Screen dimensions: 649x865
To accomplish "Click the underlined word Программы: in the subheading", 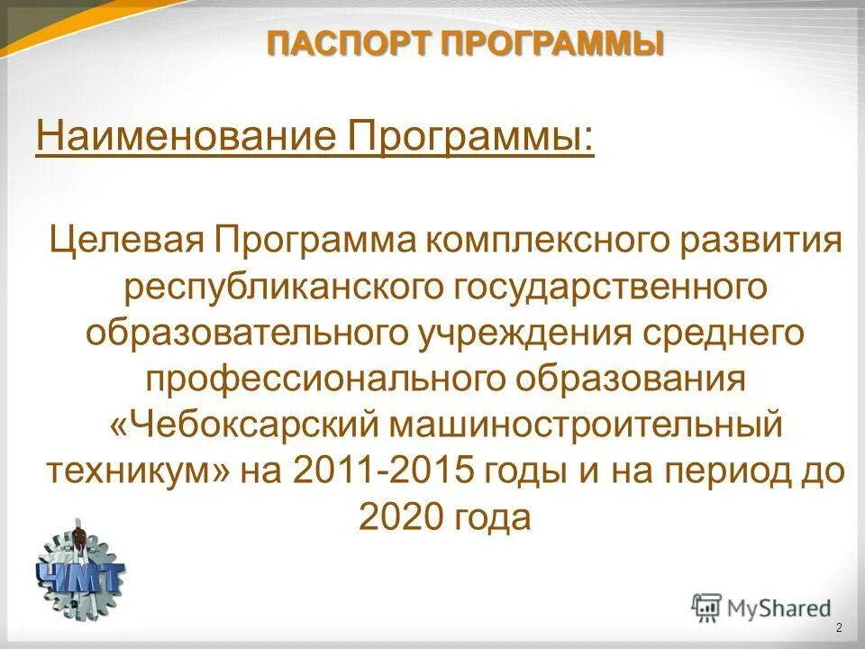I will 469,139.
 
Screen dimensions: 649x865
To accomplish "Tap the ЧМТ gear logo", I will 80,569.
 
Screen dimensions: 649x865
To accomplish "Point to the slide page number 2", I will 840,628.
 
